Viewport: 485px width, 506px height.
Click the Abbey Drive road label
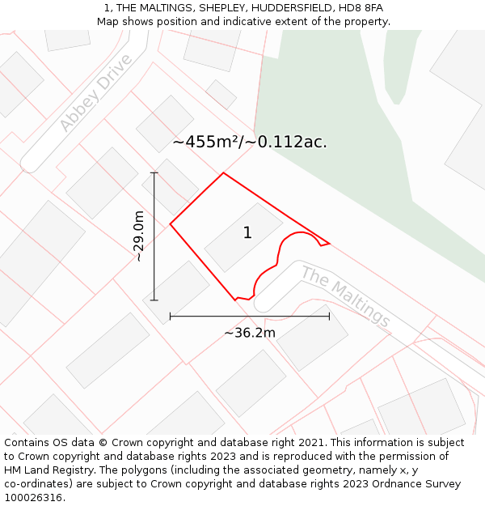click(x=95, y=94)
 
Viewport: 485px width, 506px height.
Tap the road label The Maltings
click(x=346, y=296)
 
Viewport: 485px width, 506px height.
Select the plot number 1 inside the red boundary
click(x=247, y=233)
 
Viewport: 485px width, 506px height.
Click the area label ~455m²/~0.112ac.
click(x=249, y=142)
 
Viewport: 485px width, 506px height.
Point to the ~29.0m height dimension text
click(x=139, y=236)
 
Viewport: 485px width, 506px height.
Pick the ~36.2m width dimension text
click(x=249, y=333)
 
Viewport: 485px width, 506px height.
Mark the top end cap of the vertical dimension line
click(x=154, y=172)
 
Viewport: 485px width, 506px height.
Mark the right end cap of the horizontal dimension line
click(x=329, y=317)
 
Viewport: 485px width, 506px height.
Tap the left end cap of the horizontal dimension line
click(x=170, y=317)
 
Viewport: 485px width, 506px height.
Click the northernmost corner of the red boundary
click(x=223, y=172)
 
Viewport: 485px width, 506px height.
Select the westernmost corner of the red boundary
click(x=170, y=224)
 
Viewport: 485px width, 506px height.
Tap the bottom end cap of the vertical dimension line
click(x=154, y=300)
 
